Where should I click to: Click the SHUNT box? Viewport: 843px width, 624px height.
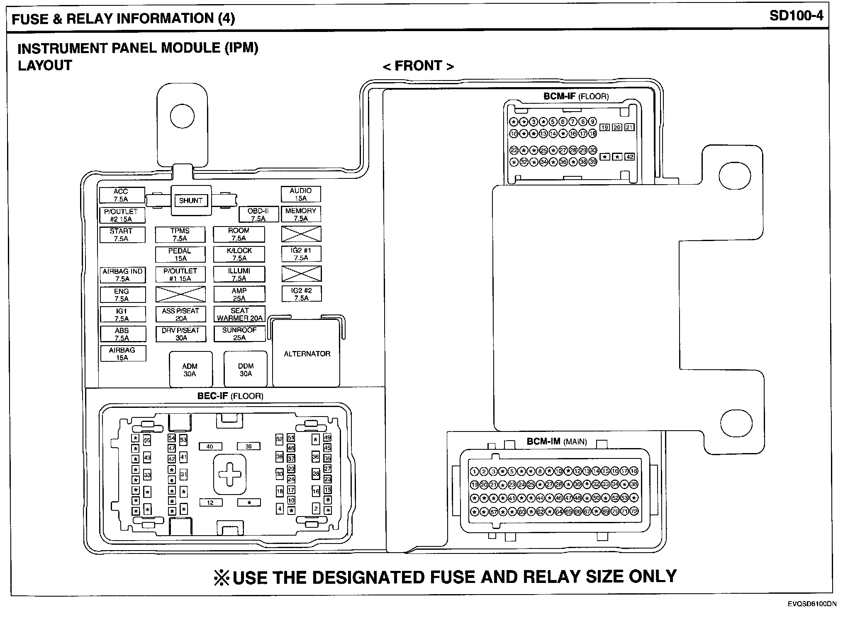pos(191,200)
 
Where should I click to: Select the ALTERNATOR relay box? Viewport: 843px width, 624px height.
pos(307,353)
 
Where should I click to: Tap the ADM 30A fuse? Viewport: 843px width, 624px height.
pos(190,370)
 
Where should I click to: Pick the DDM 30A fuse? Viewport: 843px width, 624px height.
pos(246,370)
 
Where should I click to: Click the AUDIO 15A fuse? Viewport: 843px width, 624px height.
pos(301,194)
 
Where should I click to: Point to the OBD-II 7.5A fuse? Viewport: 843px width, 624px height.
pos(258,214)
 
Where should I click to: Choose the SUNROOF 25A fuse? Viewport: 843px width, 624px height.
pos(239,334)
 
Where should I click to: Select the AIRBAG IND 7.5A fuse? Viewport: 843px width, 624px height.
pos(122,275)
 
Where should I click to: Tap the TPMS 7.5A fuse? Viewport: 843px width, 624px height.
pos(180,234)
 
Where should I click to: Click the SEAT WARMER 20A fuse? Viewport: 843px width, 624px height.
pos(239,314)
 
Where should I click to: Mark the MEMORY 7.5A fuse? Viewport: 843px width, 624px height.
pos(301,214)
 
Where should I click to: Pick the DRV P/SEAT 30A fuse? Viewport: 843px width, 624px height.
pos(181,334)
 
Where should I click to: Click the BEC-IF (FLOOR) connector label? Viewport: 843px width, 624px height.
pos(230,396)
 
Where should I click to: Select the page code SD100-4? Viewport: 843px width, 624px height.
pos(796,16)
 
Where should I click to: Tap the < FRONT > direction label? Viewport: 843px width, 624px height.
pos(418,66)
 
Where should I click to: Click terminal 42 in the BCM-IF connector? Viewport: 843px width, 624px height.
pos(630,157)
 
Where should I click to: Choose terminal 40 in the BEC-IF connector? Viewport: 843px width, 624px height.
pos(210,446)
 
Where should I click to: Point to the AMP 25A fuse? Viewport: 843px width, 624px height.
pos(239,294)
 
